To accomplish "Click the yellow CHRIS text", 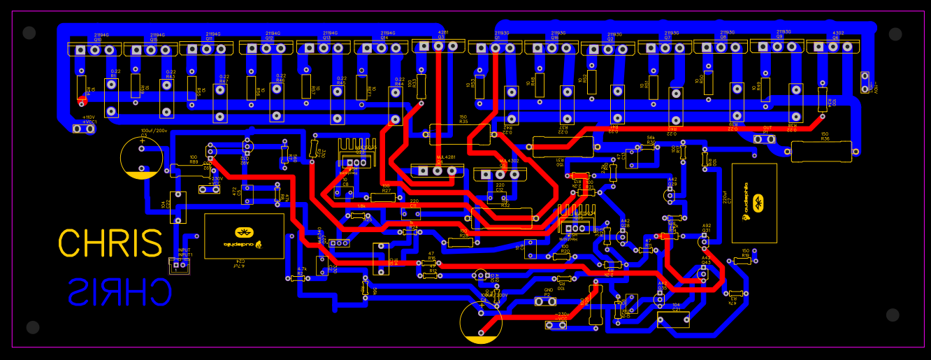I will [x=110, y=243].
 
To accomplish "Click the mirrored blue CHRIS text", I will [x=120, y=291].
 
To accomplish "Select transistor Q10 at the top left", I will [x=94, y=49].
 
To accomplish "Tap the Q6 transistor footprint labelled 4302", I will [x=833, y=47].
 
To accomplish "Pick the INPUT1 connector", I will [x=179, y=266].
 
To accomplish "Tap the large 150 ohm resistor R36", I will [x=821, y=150].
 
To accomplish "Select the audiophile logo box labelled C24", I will [x=244, y=236].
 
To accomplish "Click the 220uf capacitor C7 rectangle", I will [x=754, y=203].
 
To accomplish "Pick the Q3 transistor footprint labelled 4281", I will [x=438, y=46].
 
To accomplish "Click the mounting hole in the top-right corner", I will [x=895, y=33].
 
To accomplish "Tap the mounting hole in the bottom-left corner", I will [x=32, y=327].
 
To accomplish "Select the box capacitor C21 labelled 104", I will [x=673, y=319].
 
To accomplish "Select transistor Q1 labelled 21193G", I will [x=495, y=48].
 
